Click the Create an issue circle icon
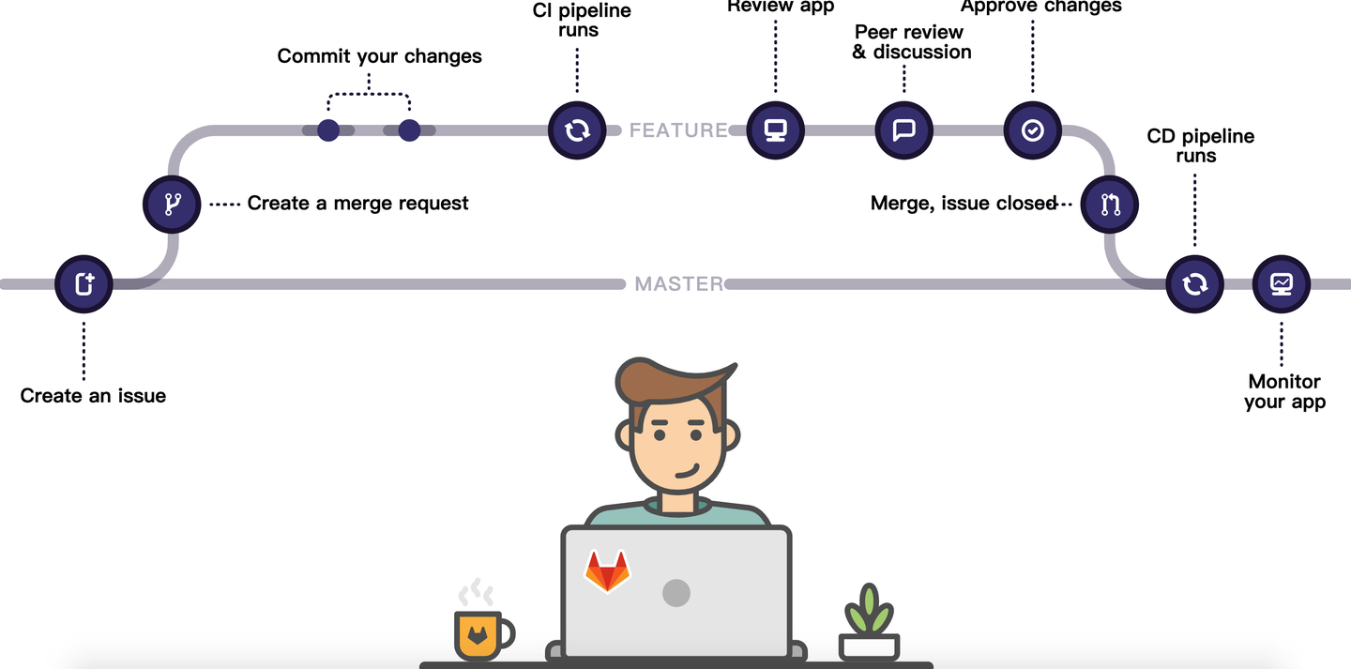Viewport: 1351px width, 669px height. click(x=83, y=283)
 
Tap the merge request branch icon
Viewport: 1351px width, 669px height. click(x=172, y=204)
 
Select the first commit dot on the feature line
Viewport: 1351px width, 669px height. click(x=327, y=130)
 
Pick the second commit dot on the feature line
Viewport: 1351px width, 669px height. click(x=409, y=130)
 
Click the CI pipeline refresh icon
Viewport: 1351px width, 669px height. click(x=576, y=130)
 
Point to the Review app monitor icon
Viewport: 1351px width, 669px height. click(x=776, y=130)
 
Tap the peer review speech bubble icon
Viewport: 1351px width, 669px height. click(x=903, y=130)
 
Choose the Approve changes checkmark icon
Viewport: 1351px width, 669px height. click(x=1032, y=130)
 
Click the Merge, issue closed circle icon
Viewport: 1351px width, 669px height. click(x=1110, y=205)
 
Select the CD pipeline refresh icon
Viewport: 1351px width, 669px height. click(x=1194, y=283)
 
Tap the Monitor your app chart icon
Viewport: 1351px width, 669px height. click(x=1282, y=283)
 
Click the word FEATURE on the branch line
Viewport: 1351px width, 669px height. click(x=677, y=130)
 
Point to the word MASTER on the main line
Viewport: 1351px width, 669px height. click(x=678, y=283)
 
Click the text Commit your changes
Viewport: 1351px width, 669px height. click(x=379, y=56)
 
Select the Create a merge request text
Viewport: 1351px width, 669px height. click(x=357, y=203)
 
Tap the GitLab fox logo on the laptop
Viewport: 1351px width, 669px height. click(x=607, y=570)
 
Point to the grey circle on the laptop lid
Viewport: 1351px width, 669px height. click(x=675, y=593)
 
